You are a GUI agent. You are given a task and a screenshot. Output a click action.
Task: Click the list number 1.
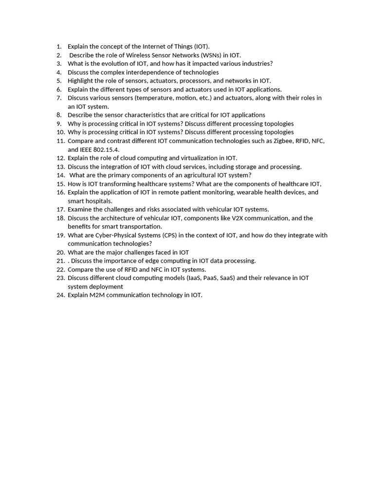[58, 47]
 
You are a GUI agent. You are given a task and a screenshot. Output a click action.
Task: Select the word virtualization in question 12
[188, 158]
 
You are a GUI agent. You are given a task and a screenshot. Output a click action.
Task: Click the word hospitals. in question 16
[98, 201]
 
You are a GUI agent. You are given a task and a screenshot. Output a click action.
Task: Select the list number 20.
[60, 252]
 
